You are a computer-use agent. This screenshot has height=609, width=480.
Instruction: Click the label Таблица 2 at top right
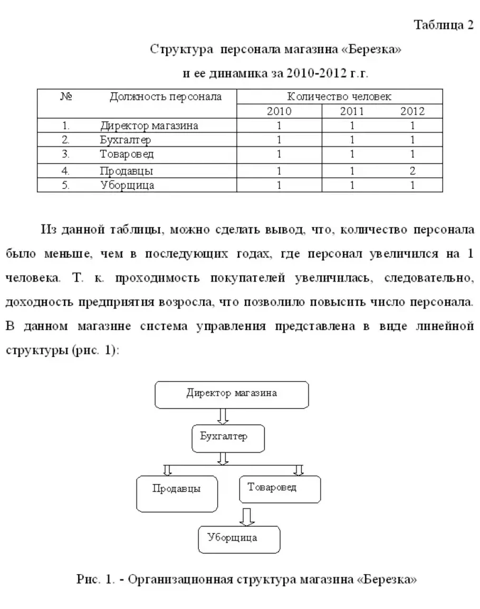[x=443, y=25]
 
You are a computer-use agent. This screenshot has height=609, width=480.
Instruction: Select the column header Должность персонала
[x=166, y=97]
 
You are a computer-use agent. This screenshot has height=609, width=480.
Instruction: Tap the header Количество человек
[x=339, y=97]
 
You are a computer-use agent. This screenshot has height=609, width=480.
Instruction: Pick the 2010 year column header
[x=279, y=111]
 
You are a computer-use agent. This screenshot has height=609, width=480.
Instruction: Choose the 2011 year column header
[x=352, y=111]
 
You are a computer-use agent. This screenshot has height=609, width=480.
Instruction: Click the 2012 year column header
[x=412, y=111]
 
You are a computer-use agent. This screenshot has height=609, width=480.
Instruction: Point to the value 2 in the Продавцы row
[x=412, y=171]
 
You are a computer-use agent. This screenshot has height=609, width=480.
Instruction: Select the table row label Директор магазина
[x=149, y=126]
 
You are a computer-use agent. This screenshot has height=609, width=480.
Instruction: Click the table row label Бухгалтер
[x=126, y=140]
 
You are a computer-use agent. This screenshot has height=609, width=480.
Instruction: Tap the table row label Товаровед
[x=127, y=154]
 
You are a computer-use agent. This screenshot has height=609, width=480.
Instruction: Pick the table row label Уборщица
[x=127, y=186]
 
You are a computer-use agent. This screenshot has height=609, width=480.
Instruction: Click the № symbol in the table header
[x=66, y=97]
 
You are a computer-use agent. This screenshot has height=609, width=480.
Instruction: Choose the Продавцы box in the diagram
[x=177, y=494]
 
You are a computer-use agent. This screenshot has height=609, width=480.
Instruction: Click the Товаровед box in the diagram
[x=280, y=489]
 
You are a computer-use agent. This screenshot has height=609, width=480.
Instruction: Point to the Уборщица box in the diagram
[x=239, y=539]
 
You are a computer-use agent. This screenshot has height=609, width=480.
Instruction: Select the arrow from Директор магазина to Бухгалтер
[x=223, y=417]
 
